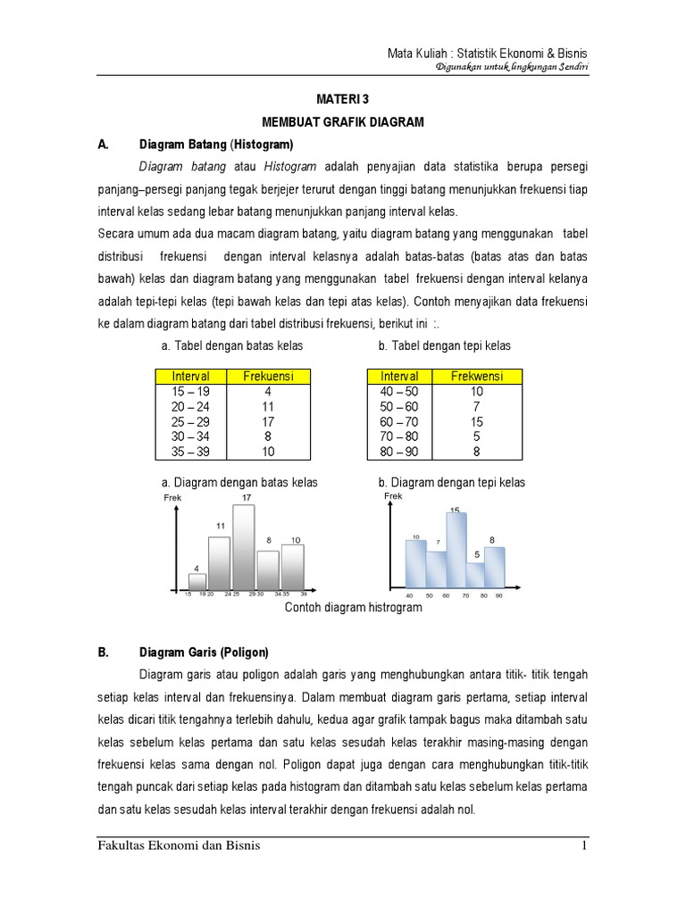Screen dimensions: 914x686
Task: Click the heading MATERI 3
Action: pos(343,102)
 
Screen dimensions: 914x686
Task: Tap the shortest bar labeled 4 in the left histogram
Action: pos(197,580)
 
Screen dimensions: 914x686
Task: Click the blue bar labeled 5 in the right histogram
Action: pos(476,572)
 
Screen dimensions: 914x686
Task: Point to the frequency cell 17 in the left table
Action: pos(269,420)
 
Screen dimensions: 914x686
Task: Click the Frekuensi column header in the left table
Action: pos(269,376)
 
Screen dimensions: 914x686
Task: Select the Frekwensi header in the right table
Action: pos(477,376)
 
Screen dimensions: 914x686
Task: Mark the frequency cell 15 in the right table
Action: pos(477,420)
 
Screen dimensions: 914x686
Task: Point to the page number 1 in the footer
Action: pos(583,845)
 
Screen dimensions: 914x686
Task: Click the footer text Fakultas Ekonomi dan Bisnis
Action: pos(179,845)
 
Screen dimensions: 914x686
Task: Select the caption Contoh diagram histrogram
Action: pos(353,607)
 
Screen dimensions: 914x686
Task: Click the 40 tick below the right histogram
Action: pos(410,594)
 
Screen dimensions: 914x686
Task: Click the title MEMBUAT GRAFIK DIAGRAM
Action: pos(343,121)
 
